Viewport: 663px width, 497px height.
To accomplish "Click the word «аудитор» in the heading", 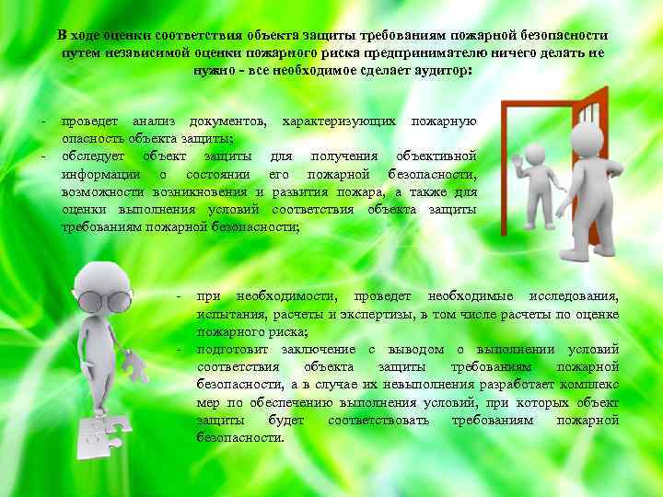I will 441,70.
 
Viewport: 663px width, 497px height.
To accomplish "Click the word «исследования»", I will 573,296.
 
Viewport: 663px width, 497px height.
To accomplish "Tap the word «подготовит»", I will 230,349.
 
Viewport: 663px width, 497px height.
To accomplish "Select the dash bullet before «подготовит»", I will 180,349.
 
